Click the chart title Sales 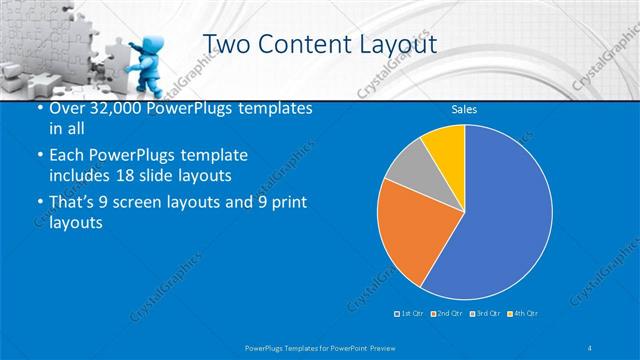pyautogui.click(x=464, y=109)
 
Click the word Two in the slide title pyautogui.click(x=229, y=44)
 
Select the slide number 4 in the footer pyautogui.click(x=590, y=346)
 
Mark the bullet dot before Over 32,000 pyautogui.click(x=37, y=108)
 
